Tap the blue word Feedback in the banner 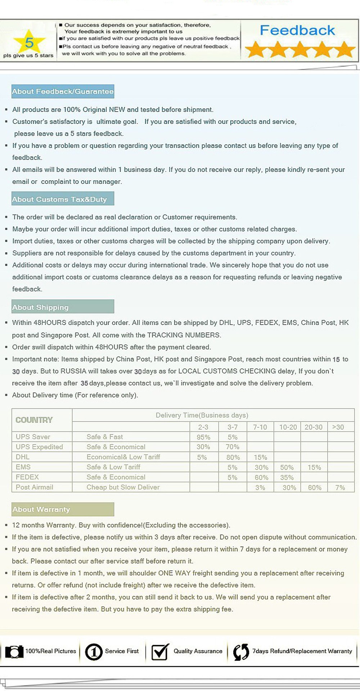[x=297, y=31]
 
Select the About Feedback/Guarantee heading [x=63, y=91]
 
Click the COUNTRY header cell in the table [x=34, y=420]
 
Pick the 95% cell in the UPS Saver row [x=203, y=437]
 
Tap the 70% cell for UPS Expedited [x=233, y=447]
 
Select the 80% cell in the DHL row [x=233, y=457]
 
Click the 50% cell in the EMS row [x=287, y=467]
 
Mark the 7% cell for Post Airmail [x=340, y=488]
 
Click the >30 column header [x=338, y=427]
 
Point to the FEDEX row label [x=27, y=477]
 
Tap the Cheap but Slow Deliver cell [x=123, y=487]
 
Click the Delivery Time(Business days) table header [x=202, y=415]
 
